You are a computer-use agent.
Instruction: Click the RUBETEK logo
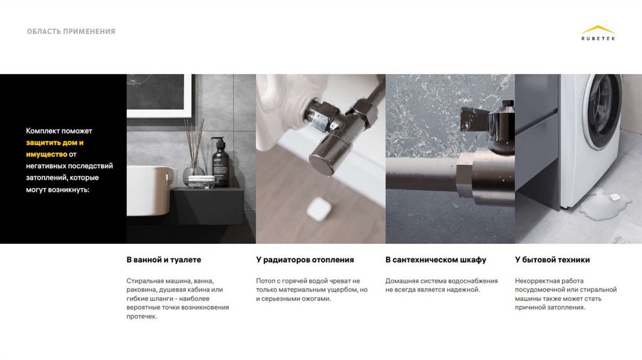point(597,33)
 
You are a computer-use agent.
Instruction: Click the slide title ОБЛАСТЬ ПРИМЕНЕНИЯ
point(71,31)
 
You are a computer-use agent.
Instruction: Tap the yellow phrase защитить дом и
point(55,142)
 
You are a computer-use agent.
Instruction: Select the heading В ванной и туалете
point(164,260)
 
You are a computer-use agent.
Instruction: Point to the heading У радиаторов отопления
point(305,260)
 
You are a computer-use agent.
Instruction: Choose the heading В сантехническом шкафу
point(436,260)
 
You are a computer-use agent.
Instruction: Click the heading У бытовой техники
point(552,260)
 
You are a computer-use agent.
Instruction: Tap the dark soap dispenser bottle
point(220,162)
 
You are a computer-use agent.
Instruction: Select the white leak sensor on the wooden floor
point(318,209)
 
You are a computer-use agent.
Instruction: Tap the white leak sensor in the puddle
point(614,198)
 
